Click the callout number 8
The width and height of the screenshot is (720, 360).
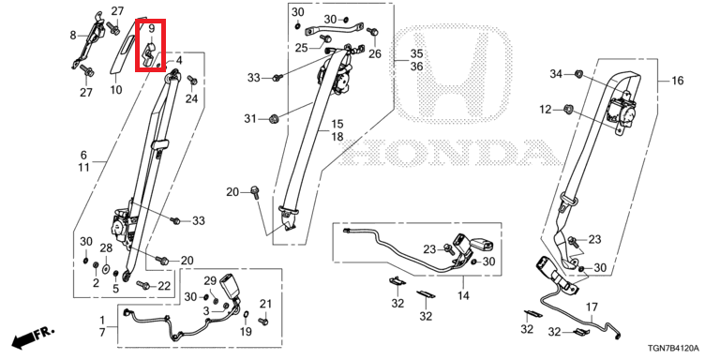click(73, 35)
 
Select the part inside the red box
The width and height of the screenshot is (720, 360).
click(150, 54)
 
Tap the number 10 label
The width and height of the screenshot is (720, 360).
click(116, 90)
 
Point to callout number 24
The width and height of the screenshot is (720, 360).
click(191, 98)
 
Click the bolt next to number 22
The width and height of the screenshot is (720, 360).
click(143, 286)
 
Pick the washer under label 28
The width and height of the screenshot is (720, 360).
click(106, 269)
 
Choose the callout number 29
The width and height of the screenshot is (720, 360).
click(210, 280)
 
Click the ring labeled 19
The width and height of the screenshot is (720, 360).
click(246, 314)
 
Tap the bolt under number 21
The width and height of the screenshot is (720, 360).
click(263, 321)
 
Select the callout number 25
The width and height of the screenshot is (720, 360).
click(301, 47)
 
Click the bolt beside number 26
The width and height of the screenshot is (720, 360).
click(372, 32)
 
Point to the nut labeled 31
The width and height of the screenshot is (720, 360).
click(274, 119)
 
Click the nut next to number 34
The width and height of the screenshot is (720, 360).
click(579, 73)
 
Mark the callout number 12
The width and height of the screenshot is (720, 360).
click(545, 110)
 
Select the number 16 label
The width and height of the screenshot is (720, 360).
click(677, 82)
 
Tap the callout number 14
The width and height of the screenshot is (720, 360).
click(463, 295)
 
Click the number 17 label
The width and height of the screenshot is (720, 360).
click(592, 306)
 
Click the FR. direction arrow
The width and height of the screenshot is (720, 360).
click(33, 337)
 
